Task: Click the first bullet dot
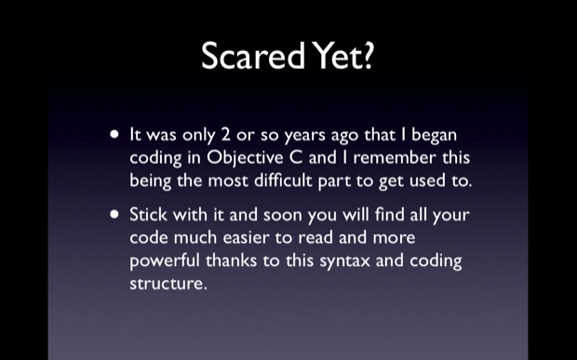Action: point(114,135)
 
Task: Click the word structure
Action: point(167,283)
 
